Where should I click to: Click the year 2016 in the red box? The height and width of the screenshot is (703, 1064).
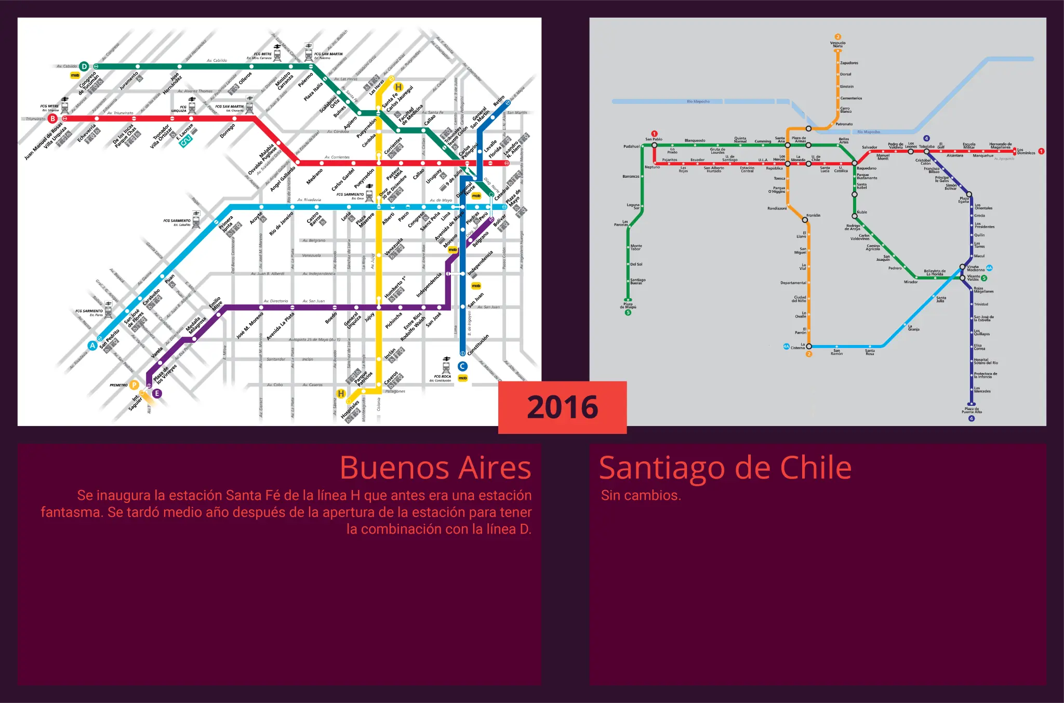click(x=562, y=407)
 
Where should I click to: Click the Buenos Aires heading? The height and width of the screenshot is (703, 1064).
click(x=435, y=468)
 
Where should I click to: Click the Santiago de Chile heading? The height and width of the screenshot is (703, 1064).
click(x=725, y=468)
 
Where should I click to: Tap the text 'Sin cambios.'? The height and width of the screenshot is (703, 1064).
click(x=641, y=495)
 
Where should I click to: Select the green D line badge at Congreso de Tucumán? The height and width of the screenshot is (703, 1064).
click(x=84, y=66)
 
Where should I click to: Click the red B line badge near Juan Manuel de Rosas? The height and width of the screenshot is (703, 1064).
click(x=52, y=118)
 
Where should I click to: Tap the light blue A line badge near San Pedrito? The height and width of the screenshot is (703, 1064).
click(x=92, y=346)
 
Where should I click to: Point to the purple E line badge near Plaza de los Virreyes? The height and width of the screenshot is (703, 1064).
click(x=157, y=393)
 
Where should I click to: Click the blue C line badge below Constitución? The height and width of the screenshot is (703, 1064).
click(x=462, y=366)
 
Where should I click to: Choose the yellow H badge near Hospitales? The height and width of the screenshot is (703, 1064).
click(x=341, y=394)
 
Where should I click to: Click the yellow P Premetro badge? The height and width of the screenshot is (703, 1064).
click(x=134, y=385)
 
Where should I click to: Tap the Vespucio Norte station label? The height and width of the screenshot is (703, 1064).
click(x=837, y=45)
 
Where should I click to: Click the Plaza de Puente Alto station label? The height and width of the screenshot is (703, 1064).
click(x=972, y=410)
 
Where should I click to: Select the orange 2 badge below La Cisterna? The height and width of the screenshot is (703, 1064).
click(x=808, y=354)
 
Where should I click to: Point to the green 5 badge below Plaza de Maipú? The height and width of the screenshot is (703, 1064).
click(x=628, y=313)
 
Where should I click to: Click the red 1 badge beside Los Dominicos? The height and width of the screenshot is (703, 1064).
click(x=1041, y=151)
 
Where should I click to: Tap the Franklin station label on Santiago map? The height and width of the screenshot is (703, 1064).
click(x=813, y=215)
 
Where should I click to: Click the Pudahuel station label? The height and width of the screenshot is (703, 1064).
click(x=631, y=147)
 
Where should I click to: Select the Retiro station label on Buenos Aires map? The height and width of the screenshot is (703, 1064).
click(x=498, y=101)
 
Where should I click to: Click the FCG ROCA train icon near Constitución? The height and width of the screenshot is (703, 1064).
click(x=446, y=366)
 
